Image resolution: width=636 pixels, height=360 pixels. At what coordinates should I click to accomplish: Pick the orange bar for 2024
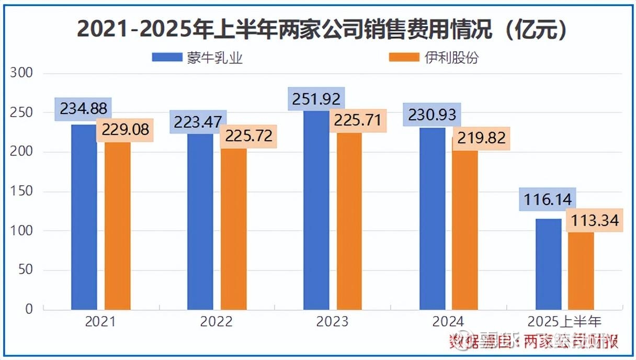pyautogui.click(x=465, y=230)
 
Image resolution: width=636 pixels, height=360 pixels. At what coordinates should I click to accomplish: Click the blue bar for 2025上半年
pyautogui.click(x=549, y=264)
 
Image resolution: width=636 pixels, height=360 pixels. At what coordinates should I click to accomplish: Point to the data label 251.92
pyautogui.click(x=316, y=98)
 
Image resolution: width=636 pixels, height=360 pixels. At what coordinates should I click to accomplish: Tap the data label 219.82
pyautogui.click(x=481, y=138)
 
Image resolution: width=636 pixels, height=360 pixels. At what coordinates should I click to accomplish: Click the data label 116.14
pyautogui.click(x=547, y=199)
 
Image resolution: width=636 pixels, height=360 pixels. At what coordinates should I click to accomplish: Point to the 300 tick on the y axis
pyautogui.click(x=21, y=73)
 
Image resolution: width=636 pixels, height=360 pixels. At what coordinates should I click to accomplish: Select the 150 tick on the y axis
pyautogui.click(x=21, y=192)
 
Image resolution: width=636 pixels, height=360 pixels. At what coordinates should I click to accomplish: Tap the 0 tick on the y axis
pyautogui.click(x=29, y=309)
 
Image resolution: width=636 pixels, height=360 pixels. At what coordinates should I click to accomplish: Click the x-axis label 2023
pyautogui.click(x=332, y=321)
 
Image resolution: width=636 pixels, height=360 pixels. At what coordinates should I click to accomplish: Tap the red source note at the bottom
pyautogui.click(x=533, y=342)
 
